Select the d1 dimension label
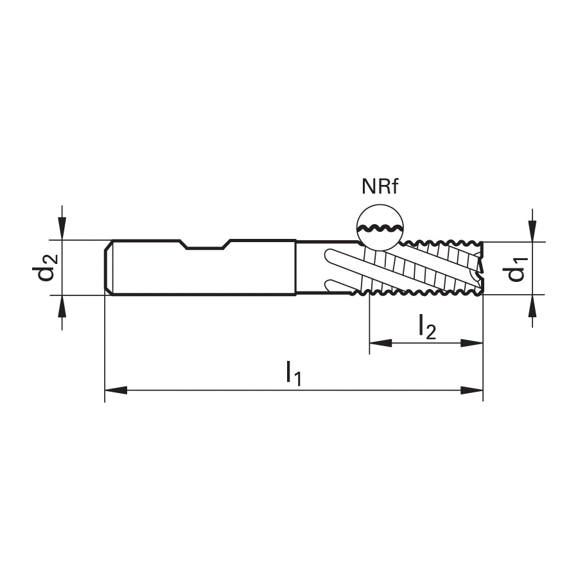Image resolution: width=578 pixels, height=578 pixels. tap(515, 270)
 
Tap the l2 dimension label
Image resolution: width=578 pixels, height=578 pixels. tap(427, 327)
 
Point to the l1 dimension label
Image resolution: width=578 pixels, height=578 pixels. tap(293, 373)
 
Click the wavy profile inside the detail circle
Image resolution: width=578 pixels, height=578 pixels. tap(380, 227)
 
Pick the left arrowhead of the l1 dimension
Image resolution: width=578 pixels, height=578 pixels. tap(116, 390)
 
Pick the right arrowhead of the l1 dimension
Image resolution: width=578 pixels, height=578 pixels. tap(472, 390)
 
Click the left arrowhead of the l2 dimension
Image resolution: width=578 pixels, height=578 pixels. tap(380, 343)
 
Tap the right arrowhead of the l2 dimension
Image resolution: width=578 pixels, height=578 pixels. tap(472, 343)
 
